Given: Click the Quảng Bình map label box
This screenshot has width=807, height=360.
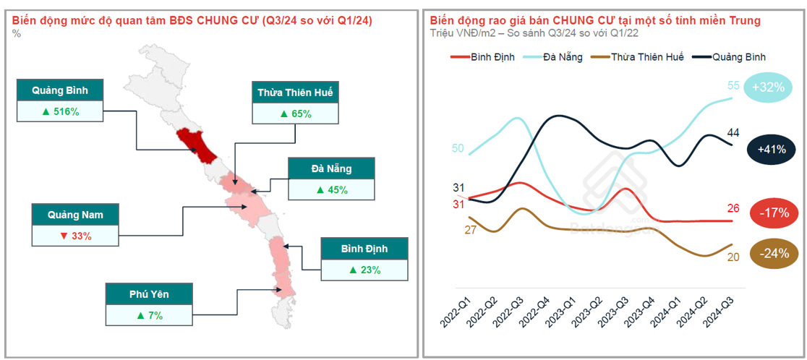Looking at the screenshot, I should click(60, 90).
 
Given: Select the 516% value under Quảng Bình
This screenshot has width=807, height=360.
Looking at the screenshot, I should click(60, 111).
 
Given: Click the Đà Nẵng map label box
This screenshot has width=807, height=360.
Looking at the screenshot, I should click(331, 169).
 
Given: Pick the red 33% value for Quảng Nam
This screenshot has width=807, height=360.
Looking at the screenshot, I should click(75, 236).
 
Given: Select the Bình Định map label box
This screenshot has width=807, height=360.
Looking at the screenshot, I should click(364, 249).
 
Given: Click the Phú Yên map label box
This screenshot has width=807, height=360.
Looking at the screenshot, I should click(149, 294).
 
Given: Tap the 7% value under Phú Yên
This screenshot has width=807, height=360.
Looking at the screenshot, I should click(149, 315).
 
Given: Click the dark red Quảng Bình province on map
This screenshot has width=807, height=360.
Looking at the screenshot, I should click(197, 145).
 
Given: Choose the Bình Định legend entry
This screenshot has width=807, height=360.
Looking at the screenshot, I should click(482, 56).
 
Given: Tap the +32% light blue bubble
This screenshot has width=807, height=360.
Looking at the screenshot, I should click(768, 87).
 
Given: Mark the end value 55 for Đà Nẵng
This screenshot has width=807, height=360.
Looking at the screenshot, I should click(733, 86).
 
